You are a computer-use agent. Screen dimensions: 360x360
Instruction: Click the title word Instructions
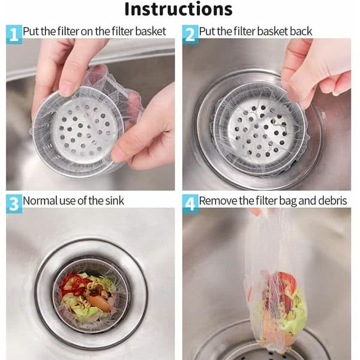(178, 9)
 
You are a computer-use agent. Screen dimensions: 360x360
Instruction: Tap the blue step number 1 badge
(14, 34)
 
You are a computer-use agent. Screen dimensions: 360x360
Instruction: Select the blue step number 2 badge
(190, 34)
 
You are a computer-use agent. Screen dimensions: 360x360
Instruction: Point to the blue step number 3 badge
(14, 204)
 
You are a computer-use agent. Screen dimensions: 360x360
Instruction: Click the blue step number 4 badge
(190, 204)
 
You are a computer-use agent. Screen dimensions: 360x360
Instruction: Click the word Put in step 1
(31, 31)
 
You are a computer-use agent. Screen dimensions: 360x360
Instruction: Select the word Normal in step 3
(40, 201)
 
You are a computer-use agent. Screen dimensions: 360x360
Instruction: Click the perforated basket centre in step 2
(261, 132)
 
